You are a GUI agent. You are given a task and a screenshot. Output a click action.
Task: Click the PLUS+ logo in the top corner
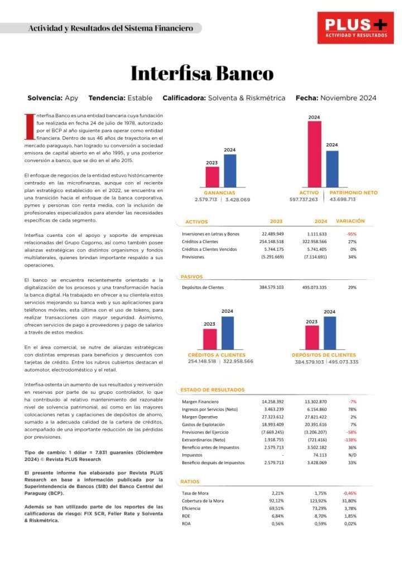[356, 27]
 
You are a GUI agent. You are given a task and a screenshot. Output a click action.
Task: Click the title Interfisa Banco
[202, 74]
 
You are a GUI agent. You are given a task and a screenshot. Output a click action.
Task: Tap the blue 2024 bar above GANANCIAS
[230, 170]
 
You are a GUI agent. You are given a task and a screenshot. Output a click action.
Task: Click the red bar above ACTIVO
[314, 153]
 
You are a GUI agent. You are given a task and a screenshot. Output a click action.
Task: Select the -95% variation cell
[352, 233]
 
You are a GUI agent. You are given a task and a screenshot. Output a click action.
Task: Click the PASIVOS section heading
[191, 277]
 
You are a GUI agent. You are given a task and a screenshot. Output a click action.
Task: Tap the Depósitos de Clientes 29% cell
[352, 287]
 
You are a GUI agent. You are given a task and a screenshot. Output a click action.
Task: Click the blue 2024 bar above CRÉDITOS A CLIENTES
[228, 332]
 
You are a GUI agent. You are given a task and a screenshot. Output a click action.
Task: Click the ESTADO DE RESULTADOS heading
[212, 390]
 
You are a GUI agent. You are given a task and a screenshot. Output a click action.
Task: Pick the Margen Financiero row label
[200, 402]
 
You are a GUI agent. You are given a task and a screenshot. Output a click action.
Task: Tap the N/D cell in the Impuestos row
[352, 455]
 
